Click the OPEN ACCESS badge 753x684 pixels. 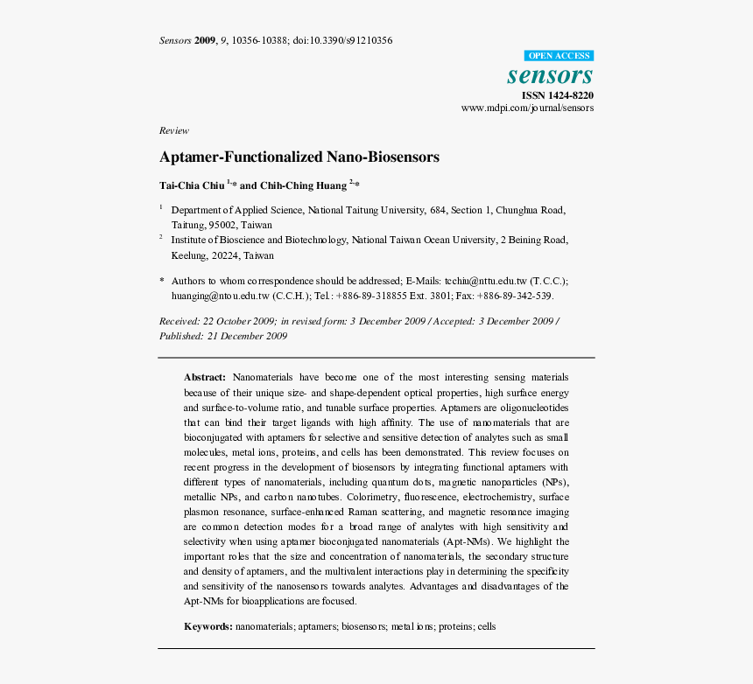click(559, 55)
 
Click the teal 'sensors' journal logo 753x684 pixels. click(550, 74)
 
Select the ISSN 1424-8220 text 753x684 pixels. click(557, 94)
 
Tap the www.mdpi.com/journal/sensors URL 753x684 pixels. click(527, 108)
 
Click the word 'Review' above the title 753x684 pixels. click(173, 130)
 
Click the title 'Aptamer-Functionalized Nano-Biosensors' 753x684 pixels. click(299, 157)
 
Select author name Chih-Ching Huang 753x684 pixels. click(303, 185)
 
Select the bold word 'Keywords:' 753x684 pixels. click(208, 626)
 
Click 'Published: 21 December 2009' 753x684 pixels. click(223, 336)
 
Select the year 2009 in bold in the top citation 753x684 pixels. click(205, 40)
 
